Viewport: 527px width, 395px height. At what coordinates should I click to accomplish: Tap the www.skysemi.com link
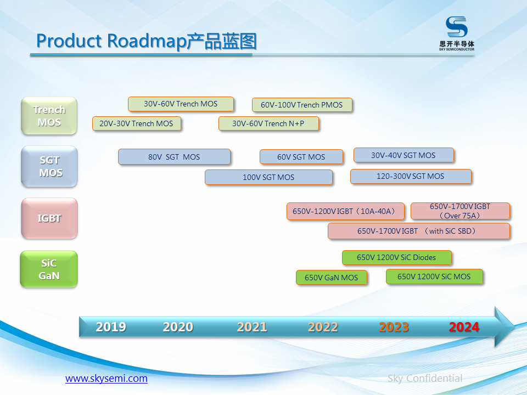coord(106,379)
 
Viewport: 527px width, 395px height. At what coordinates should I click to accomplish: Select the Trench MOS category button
coord(49,116)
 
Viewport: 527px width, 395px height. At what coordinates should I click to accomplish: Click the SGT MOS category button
coord(49,167)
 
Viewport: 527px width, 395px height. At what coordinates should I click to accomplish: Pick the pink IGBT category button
coord(49,218)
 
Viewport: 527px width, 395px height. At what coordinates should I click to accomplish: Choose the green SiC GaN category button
coord(49,269)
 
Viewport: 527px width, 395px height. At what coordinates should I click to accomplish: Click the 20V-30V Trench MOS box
coord(136,123)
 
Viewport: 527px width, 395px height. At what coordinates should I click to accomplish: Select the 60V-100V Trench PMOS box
coord(301,105)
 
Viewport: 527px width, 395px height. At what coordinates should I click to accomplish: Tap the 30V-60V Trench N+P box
coord(268,123)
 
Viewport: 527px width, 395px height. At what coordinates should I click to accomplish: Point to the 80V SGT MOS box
coord(174,157)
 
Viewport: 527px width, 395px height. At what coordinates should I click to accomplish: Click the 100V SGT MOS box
coord(268,177)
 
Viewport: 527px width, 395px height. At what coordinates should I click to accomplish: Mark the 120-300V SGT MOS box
coord(411,176)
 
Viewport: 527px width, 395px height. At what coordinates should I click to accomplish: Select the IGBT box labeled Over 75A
coord(460,211)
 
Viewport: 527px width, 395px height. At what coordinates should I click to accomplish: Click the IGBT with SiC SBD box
coord(418,231)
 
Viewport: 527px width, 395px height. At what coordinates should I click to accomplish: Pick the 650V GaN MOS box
coord(331,278)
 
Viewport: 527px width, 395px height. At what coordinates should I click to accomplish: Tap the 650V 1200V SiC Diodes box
coord(396,257)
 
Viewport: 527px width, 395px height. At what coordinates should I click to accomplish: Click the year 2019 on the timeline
coord(111,327)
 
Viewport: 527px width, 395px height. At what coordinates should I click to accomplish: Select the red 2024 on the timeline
coord(464,327)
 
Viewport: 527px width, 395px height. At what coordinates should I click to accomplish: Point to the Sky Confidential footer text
coord(424,379)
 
